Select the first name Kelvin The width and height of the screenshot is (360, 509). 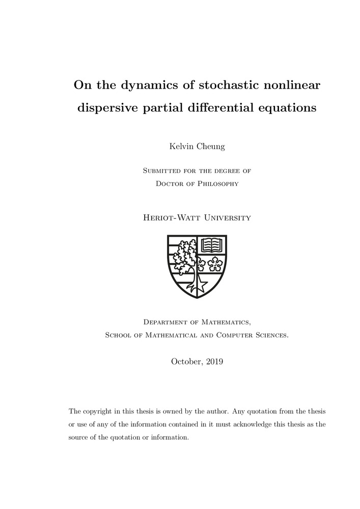[x=179, y=147]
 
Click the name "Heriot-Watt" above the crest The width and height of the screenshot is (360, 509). [x=171, y=218]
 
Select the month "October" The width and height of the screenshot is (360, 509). [x=186, y=362]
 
